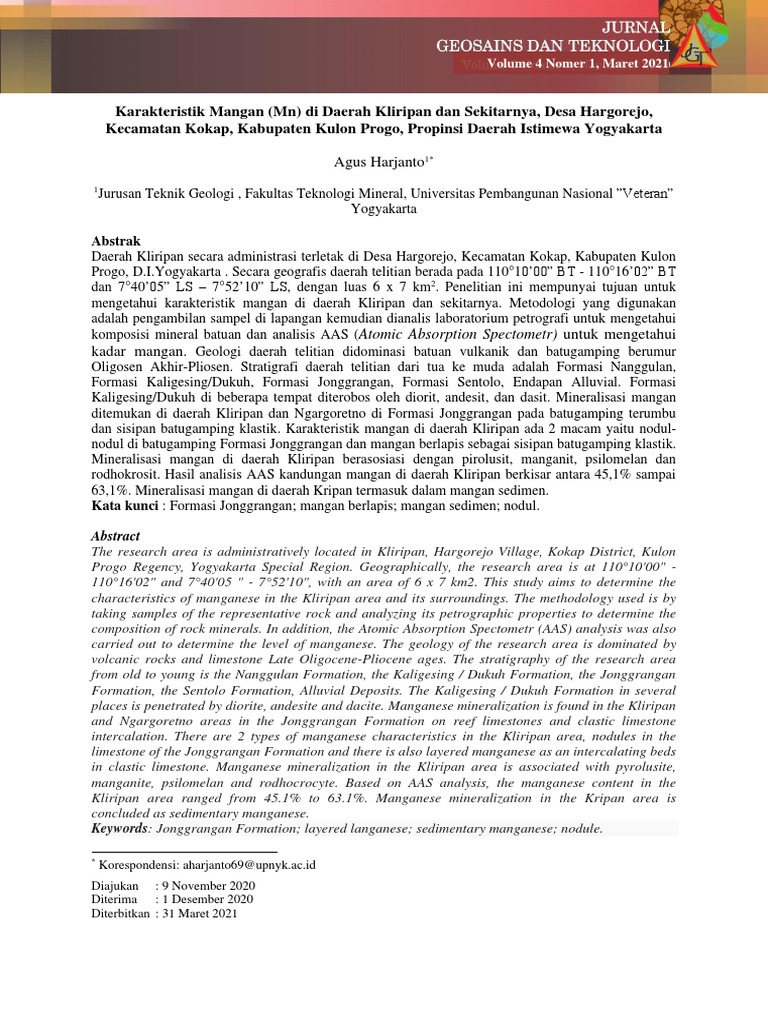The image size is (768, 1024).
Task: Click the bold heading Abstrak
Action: [116, 242]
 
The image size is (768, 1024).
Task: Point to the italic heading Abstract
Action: [116, 536]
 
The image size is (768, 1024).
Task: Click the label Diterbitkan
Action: [120, 913]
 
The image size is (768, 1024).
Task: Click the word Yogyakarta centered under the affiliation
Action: [384, 210]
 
